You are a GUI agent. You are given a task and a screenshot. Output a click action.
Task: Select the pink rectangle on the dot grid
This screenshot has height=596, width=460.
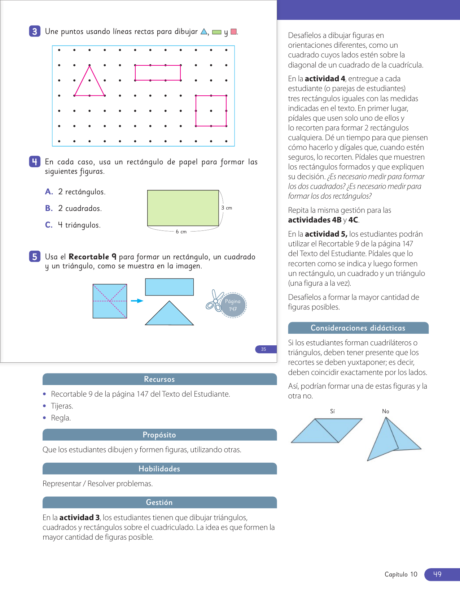coord(158,73)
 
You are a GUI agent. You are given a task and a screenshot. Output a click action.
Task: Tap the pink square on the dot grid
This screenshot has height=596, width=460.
coord(211,111)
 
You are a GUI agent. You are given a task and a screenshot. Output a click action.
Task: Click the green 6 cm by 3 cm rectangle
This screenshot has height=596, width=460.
coord(183,208)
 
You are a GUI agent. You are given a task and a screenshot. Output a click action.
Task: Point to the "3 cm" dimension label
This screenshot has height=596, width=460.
coord(227,208)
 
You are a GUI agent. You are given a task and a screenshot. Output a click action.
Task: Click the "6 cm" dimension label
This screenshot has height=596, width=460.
coord(181,232)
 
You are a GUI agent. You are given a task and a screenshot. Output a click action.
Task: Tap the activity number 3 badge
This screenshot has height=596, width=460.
coord(35,31)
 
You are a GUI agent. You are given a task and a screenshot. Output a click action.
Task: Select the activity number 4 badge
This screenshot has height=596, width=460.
coord(35,162)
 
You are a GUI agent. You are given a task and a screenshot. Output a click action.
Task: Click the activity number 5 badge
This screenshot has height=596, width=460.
coord(35,257)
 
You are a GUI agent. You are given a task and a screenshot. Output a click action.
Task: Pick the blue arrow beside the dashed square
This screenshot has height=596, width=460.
coord(137,301)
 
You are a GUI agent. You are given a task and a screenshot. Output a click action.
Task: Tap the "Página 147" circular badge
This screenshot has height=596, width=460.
coord(233,305)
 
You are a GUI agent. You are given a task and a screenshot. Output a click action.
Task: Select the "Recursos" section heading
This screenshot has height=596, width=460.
coord(159,379)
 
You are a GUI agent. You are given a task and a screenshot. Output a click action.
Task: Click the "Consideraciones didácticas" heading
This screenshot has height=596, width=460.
coord(358,328)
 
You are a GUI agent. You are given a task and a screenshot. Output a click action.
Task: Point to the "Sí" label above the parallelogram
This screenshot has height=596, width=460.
coord(332,411)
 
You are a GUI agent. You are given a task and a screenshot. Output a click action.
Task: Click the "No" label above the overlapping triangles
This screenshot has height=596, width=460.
coord(385,411)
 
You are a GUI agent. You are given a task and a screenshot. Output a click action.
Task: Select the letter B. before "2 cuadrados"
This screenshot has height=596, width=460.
coord(49,208)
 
